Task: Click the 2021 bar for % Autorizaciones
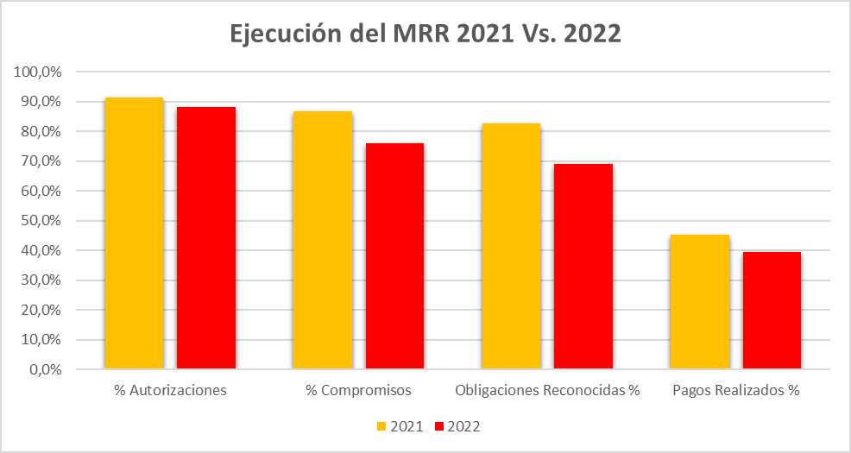134,234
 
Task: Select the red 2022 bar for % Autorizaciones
206,238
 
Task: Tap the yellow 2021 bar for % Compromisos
322,241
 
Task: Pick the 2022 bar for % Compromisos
394,256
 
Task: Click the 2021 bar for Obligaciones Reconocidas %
511,247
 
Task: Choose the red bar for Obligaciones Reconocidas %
583,267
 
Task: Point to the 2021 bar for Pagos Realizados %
700,302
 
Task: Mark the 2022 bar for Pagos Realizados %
772,311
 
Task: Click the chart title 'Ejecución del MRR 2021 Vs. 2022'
425,34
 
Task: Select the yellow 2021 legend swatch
381,426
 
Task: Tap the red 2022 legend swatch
438,426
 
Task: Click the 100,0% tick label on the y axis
37,72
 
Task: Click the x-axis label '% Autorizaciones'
170,390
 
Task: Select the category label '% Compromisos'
358,390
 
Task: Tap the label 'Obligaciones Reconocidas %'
547,390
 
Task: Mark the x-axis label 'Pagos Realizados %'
735,390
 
